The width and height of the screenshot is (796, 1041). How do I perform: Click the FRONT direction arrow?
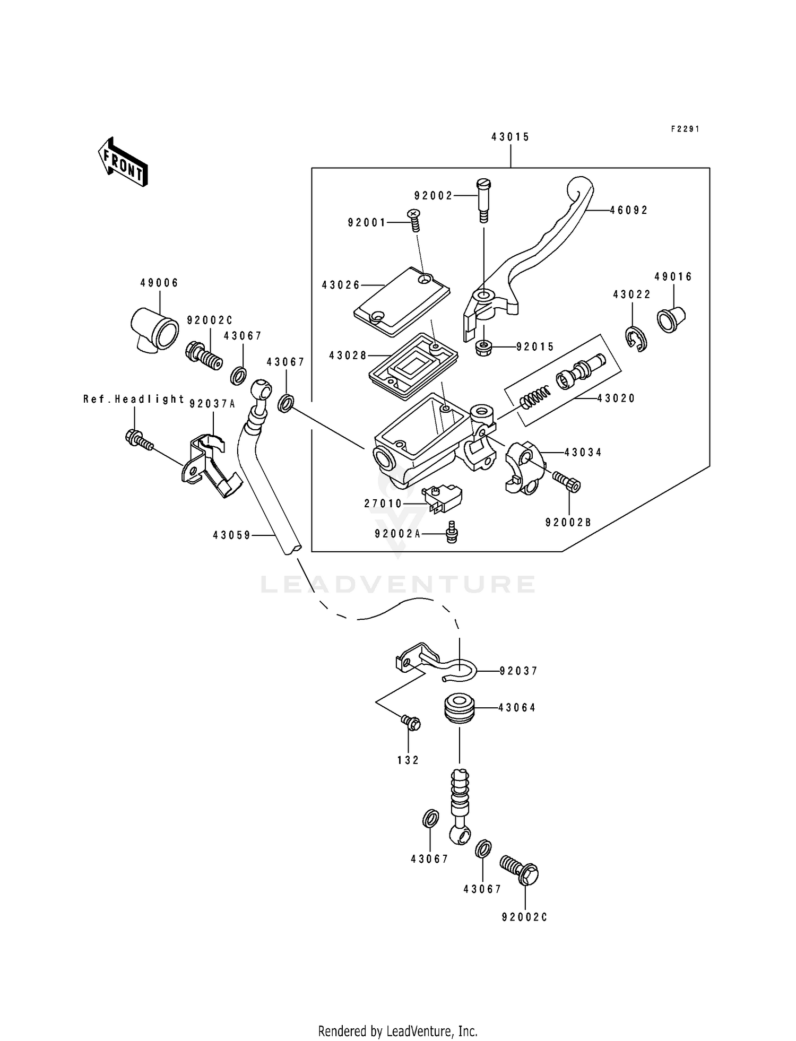coord(123,162)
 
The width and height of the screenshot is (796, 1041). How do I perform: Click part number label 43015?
coord(510,137)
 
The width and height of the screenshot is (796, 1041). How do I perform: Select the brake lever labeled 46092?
coord(536,249)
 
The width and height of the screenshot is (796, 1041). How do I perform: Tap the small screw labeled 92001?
coord(414,220)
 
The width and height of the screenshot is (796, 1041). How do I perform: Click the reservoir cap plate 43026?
coord(401,302)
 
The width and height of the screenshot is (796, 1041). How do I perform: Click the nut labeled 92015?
coord(483,348)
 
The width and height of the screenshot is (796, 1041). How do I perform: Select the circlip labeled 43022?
coord(635,339)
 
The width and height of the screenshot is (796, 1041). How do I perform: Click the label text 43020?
coord(616,398)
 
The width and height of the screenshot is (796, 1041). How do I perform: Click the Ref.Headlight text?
coord(133,399)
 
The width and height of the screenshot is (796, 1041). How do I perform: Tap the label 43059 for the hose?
coord(231,535)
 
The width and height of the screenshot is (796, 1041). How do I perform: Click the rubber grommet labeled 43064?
coord(458,707)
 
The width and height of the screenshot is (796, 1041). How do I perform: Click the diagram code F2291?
coord(685,129)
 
